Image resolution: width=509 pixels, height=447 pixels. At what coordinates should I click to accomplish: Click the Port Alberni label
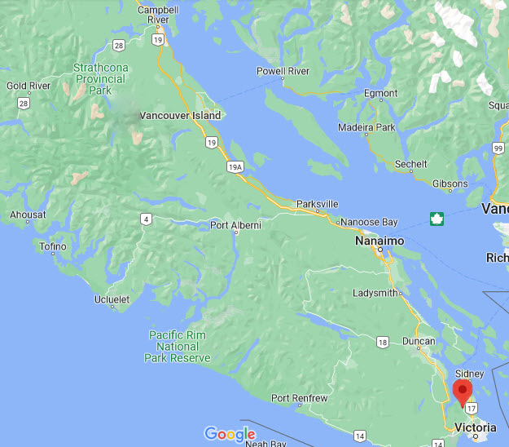coord(235,225)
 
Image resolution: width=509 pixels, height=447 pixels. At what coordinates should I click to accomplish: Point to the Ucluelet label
coord(112,299)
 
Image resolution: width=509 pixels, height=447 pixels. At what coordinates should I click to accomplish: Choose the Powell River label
coord(283,71)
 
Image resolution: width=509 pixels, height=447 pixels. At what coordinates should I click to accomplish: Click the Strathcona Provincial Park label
coord(99,79)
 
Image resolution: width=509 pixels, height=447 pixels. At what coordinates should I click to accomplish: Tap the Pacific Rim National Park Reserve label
coord(178,347)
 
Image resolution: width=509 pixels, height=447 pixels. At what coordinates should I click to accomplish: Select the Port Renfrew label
coord(300,398)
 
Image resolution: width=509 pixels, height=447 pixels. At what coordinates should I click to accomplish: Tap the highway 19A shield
coord(235,167)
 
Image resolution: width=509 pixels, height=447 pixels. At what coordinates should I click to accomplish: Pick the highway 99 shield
coord(498,148)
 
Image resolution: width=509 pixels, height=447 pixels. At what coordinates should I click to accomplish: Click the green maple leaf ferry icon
coord(437,218)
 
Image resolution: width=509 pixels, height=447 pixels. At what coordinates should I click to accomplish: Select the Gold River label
coord(29,86)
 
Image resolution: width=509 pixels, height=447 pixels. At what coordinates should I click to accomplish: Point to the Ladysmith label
coord(376,293)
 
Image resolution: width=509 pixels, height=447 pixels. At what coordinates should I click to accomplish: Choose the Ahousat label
coord(29,215)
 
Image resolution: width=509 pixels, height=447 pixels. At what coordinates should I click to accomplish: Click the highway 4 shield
coord(145,218)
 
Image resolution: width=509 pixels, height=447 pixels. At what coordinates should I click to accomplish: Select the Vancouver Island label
coord(180,116)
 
